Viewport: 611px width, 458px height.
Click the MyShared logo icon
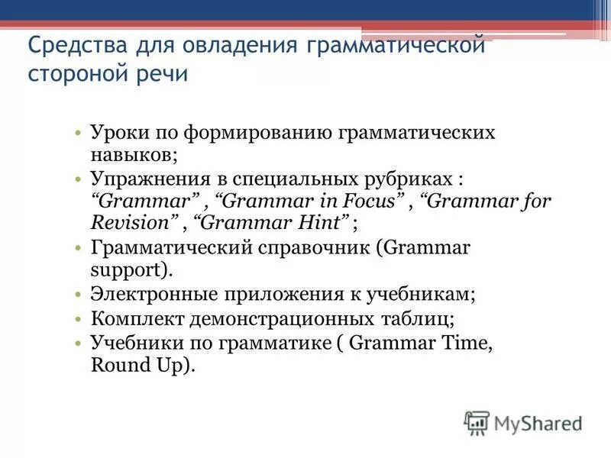pyautogui.click(x=477, y=421)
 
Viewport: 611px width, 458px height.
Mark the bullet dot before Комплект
pyautogui.click(x=79, y=319)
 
